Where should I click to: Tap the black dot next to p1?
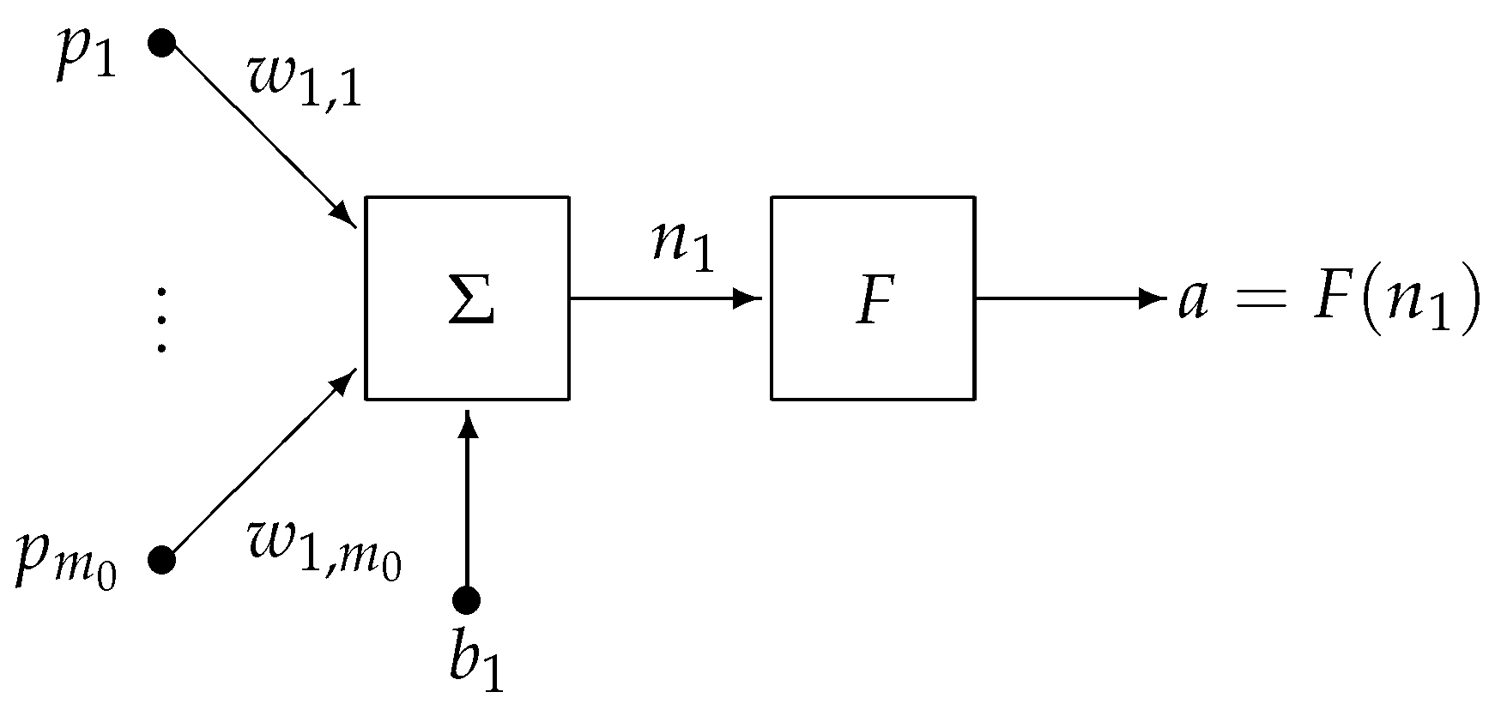point(161,42)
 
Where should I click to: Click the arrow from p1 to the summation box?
point(257,133)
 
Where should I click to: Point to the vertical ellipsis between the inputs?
point(161,321)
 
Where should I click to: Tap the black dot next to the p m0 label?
point(161,561)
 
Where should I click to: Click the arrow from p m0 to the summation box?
point(257,467)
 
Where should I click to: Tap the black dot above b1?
point(466,601)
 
